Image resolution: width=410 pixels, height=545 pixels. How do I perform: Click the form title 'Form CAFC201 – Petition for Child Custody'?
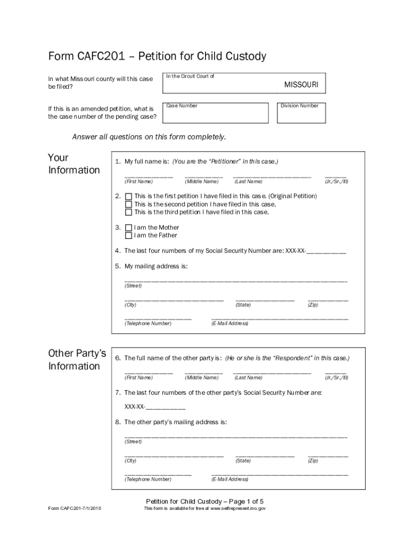(x=157, y=56)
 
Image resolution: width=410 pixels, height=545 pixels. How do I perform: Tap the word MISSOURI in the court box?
(x=301, y=85)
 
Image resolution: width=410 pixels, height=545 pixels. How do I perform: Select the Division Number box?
(x=300, y=112)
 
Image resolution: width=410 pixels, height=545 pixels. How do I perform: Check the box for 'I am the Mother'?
(x=128, y=228)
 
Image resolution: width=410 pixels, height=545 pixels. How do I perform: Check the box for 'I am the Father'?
(x=128, y=236)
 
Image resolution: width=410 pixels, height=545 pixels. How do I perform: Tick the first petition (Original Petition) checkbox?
(x=128, y=196)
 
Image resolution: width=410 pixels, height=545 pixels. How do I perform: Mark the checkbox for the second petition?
(x=128, y=204)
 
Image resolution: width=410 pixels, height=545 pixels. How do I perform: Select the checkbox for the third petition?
(x=128, y=212)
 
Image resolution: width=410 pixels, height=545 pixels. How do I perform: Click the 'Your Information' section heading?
(x=73, y=164)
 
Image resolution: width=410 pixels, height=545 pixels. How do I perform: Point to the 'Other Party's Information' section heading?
(x=77, y=360)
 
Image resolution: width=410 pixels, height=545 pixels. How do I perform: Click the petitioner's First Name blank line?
(x=149, y=176)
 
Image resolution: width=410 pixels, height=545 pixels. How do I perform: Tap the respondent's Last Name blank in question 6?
(x=272, y=372)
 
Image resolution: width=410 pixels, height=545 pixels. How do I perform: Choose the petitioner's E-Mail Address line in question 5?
(x=280, y=318)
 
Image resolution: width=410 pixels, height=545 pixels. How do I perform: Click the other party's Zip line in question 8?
(x=328, y=456)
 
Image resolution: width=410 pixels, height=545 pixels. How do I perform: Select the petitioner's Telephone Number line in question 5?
(x=158, y=318)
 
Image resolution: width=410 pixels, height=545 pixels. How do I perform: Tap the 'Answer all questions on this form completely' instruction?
(x=149, y=137)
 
